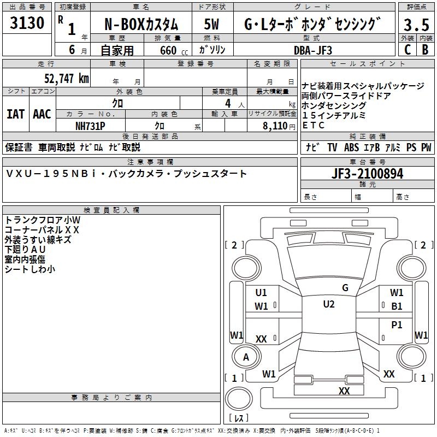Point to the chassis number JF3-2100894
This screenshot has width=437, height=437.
click(367, 174)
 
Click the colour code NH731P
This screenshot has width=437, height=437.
click(90, 125)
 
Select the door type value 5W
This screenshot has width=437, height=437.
click(212, 25)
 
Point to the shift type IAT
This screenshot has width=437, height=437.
click(15, 114)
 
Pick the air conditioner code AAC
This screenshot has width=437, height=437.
click(42, 114)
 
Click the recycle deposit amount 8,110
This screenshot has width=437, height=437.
click(275, 125)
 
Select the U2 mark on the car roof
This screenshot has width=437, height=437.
click(329, 304)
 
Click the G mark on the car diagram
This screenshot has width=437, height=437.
click(345, 288)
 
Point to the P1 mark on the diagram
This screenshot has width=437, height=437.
click(397, 324)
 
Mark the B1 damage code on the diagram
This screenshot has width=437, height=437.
click(397, 306)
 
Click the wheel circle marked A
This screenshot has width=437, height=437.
click(246, 357)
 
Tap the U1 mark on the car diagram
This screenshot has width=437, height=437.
click(261, 292)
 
